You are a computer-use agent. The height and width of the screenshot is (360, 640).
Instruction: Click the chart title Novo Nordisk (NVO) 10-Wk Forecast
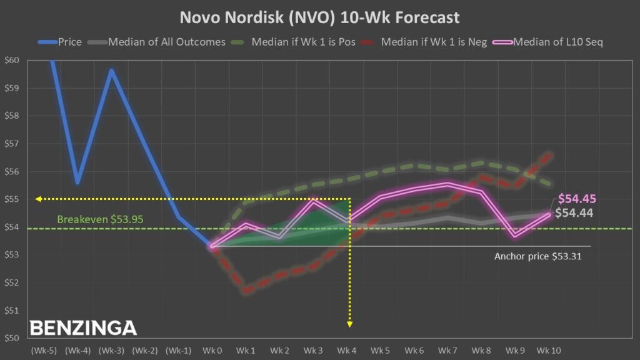click(x=320, y=17)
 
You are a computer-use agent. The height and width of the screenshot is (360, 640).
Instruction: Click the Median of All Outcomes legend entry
click(x=166, y=42)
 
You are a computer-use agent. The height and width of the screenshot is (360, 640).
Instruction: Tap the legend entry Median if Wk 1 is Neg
click(x=434, y=42)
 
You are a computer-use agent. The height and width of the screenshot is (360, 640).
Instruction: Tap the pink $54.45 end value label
click(x=577, y=199)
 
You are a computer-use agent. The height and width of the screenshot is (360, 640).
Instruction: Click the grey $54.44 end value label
click(x=574, y=212)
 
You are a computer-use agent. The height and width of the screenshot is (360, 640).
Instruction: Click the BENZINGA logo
click(x=83, y=328)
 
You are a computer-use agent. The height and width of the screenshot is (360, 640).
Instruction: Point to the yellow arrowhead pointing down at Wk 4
click(x=350, y=324)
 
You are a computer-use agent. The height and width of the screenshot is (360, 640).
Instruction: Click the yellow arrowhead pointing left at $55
click(x=39, y=199)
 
